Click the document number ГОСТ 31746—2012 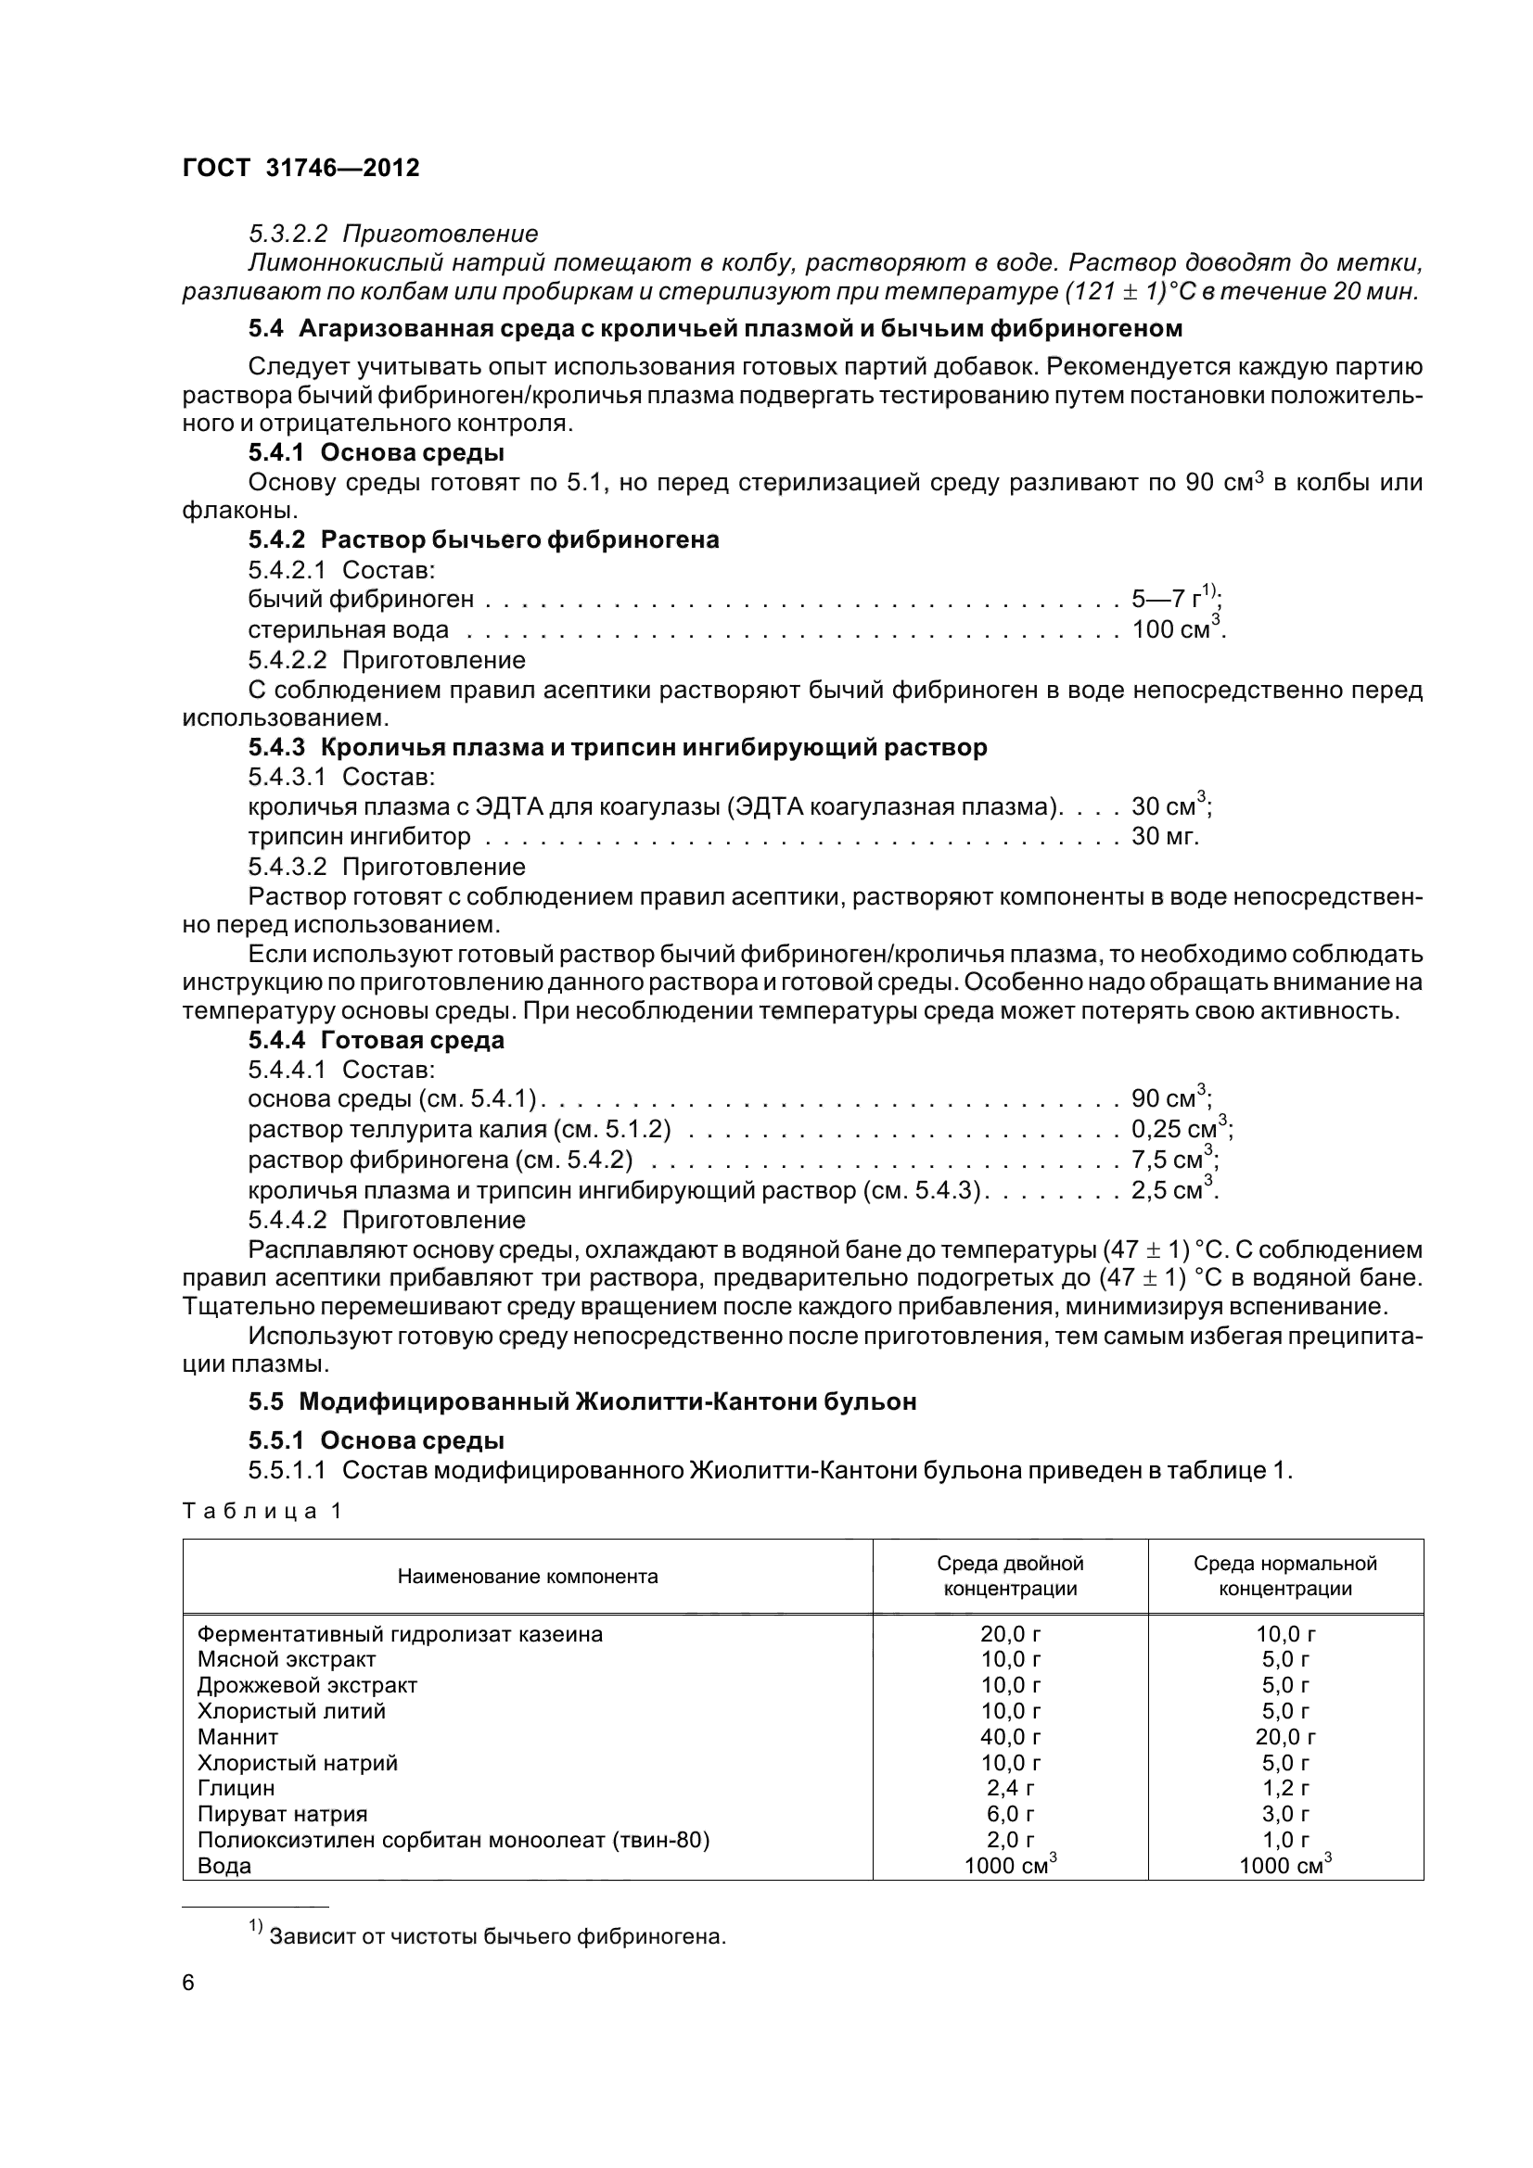pyautogui.click(x=300, y=168)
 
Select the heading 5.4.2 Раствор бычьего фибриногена pyautogui.click(x=483, y=539)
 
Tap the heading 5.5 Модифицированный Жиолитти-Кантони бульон pyautogui.click(x=581, y=1401)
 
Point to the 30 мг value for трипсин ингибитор pyautogui.click(x=1165, y=836)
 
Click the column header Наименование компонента pyautogui.click(x=527, y=1576)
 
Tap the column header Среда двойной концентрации pyautogui.click(x=1010, y=1576)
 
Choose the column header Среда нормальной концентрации pyautogui.click(x=1284, y=1576)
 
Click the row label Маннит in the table pyautogui.click(x=238, y=1736)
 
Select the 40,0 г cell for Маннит pyautogui.click(x=1010, y=1736)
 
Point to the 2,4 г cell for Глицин pyautogui.click(x=1010, y=1787)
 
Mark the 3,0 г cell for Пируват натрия pyautogui.click(x=1284, y=1813)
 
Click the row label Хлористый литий pyautogui.click(x=291, y=1711)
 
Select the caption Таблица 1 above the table pyautogui.click(x=262, y=1511)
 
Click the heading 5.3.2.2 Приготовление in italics pyautogui.click(x=393, y=234)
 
